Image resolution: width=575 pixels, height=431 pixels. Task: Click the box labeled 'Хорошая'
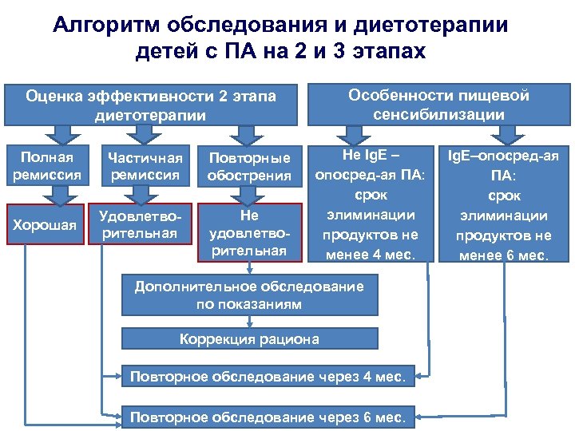pyautogui.click(x=50, y=225)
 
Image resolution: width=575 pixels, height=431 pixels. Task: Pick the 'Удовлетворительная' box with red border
pyautogui.click(x=146, y=224)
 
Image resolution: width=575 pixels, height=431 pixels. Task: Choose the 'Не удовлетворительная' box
pyautogui.click(x=249, y=232)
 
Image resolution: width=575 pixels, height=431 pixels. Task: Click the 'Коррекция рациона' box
pyautogui.click(x=249, y=339)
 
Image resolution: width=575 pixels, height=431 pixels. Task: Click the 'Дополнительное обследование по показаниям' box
pyautogui.click(x=249, y=295)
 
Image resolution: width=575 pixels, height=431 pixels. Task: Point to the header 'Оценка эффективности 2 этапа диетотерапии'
pyautogui.click(x=151, y=105)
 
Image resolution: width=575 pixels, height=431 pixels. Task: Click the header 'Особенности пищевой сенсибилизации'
pyautogui.click(x=438, y=105)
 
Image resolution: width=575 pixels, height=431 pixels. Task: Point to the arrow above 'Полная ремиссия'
pyautogui.click(x=50, y=133)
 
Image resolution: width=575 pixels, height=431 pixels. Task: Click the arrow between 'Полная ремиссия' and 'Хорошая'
pyautogui.click(x=50, y=194)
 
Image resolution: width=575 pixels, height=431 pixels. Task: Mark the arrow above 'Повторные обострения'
pyautogui.click(x=249, y=133)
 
